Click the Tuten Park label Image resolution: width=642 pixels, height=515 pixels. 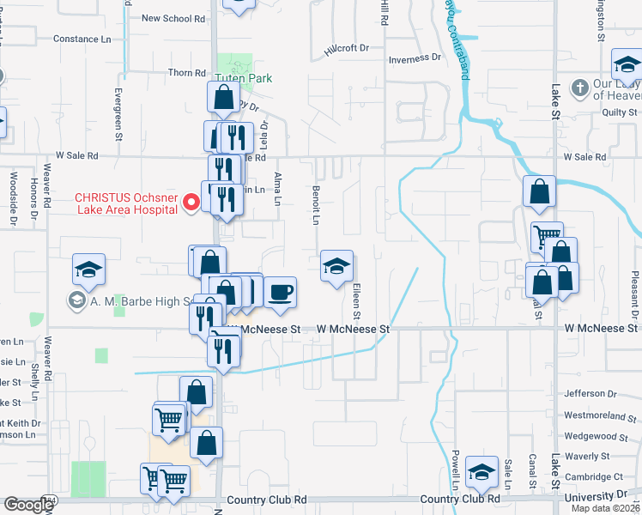tap(243, 78)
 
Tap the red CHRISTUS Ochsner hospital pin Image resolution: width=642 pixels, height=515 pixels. tap(192, 203)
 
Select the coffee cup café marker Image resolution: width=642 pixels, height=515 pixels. tap(280, 293)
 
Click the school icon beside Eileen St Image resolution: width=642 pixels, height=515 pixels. tap(336, 266)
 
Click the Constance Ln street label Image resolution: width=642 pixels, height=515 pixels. tap(82, 39)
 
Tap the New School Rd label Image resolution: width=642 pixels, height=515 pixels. tap(173, 18)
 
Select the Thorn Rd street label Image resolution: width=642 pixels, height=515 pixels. tap(187, 74)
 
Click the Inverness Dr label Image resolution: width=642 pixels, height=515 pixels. tap(415, 59)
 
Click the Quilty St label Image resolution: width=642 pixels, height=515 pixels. tap(620, 112)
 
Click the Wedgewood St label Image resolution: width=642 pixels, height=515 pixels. tap(593, 436)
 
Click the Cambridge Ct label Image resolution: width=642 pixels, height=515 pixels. tap(594, 477)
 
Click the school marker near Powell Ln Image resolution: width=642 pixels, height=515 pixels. tap(482, 471)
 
